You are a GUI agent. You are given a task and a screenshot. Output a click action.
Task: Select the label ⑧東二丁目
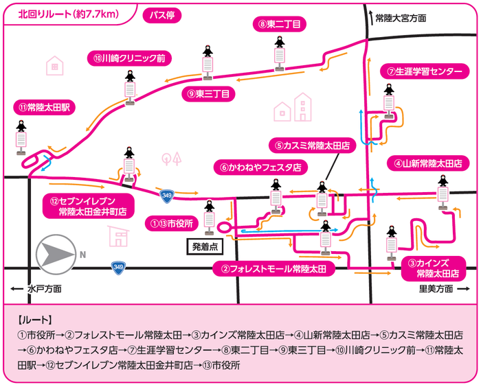point(278,24)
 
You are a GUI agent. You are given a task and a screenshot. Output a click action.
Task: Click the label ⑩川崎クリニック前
point(128,58)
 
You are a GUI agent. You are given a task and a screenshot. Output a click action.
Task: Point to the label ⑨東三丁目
point(208,94)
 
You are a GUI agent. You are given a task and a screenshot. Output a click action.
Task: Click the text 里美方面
point(436,290)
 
